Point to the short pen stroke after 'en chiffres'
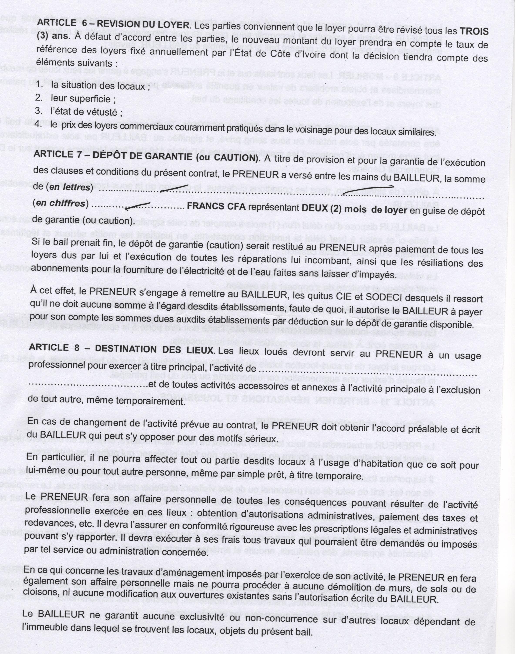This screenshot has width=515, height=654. [x=137, y=206]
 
